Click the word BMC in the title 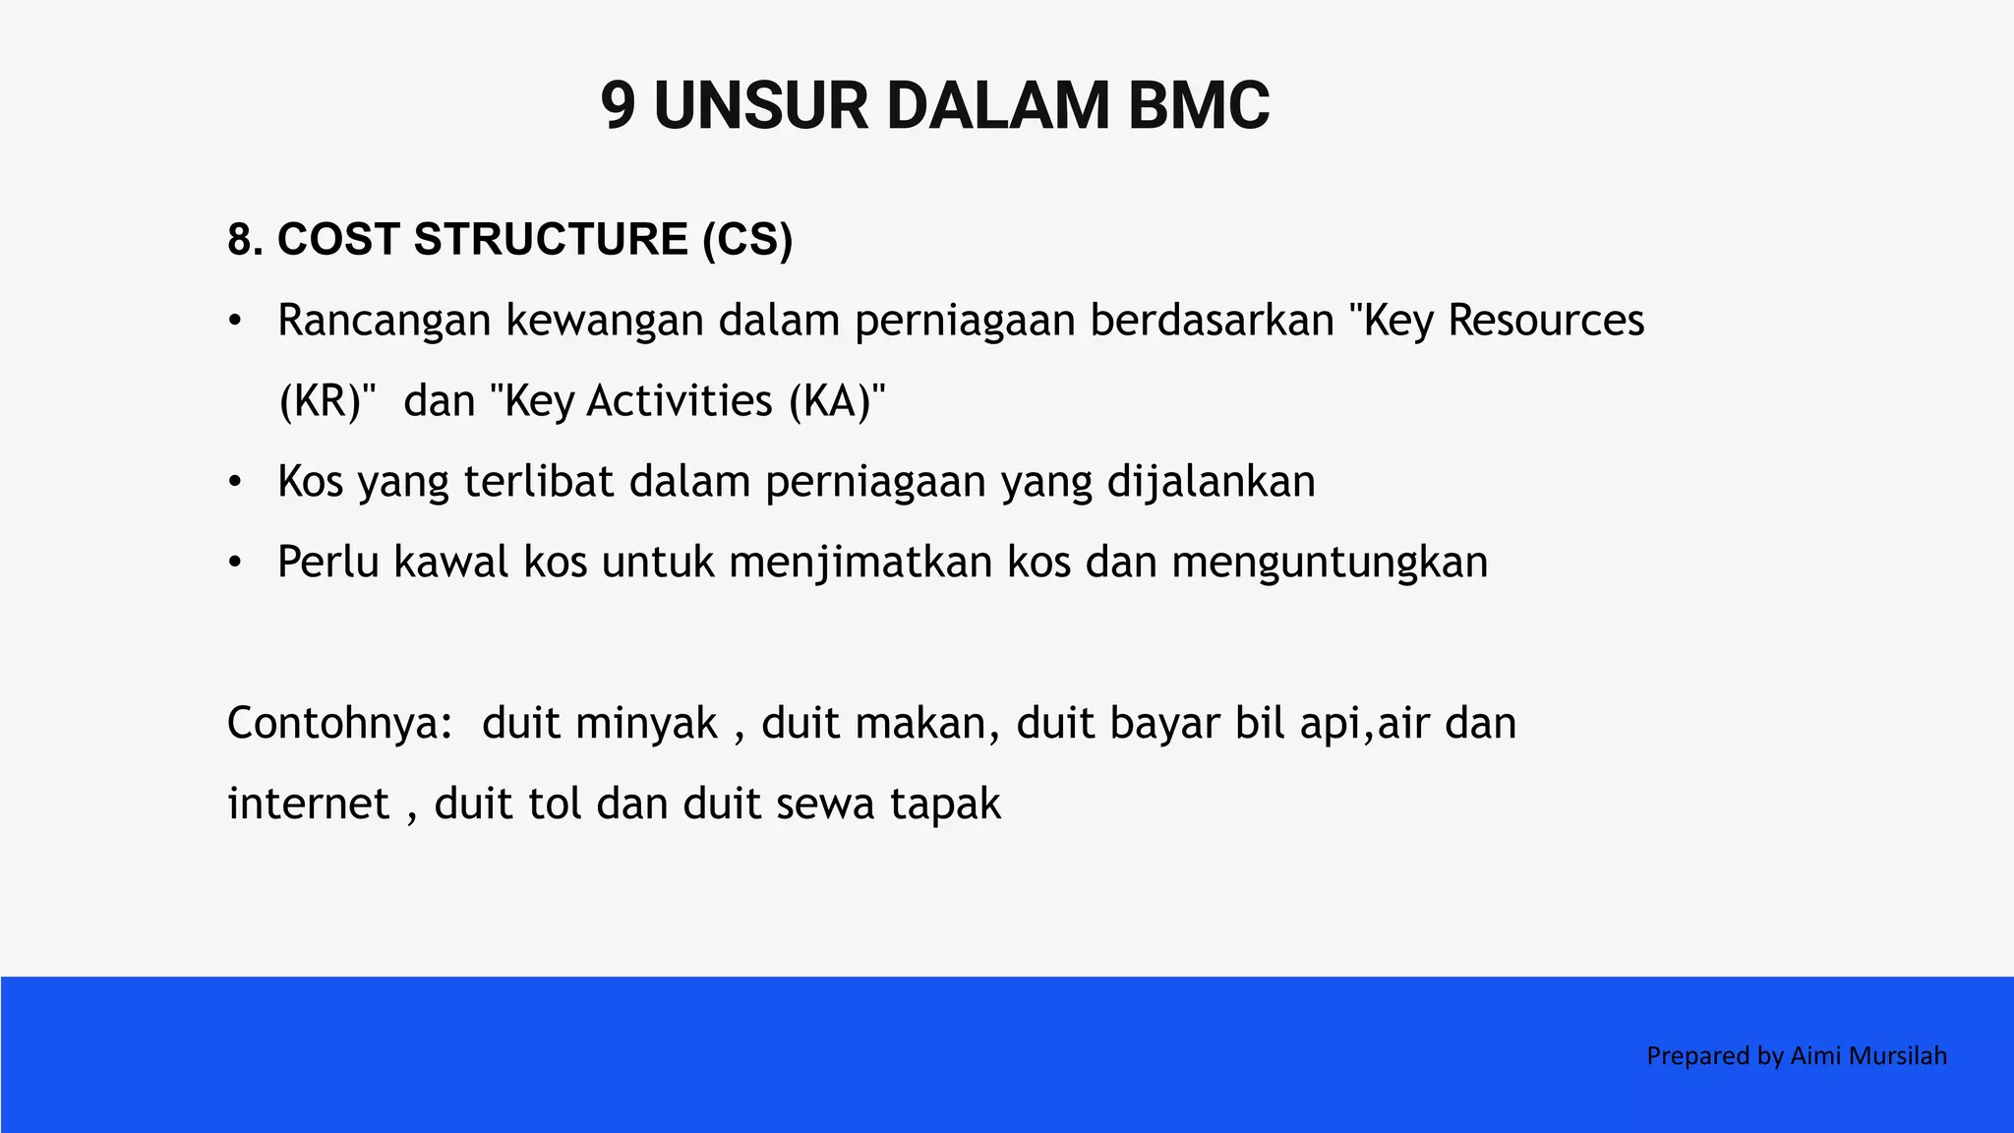pyautogui.click(x=1198, y=106)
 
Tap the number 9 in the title pyautogui.click(x=618, y=106)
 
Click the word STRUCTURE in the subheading pyautogui.click(x=551, y=240)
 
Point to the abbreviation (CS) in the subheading pyautogui.click(x=747, y=240)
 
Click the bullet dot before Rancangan pyautogui.click(x=234, y=322)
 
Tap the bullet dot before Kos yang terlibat pyautogui.click(x=234, y=483)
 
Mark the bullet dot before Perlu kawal pyautogui.click(x=234, y=564)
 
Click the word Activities pyautogui.click(x=680, y=401)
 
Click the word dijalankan pyautogui.click(x=1211, y=482)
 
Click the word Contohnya pyautogui.click(x=339, y=724)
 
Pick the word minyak pyautogui.click(x=646, y=724)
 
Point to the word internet pyautogui.click(x=308, y=805)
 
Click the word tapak pyautogui.click(x=945, y=805)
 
